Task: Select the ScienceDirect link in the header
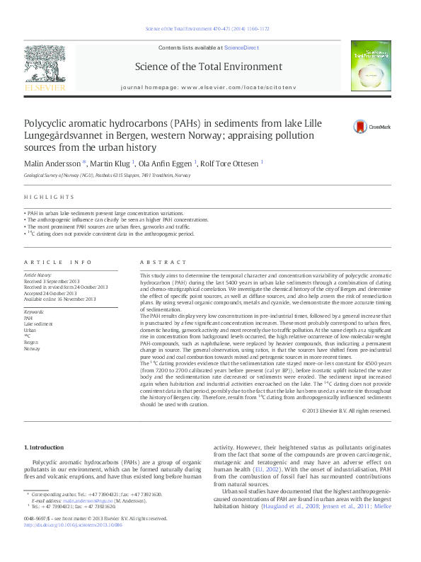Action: (240, 47)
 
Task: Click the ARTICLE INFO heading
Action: (58, 261)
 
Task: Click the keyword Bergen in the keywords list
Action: (32, 342)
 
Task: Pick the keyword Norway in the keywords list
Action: (33, 348)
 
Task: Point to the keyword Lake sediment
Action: (38, 324)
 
